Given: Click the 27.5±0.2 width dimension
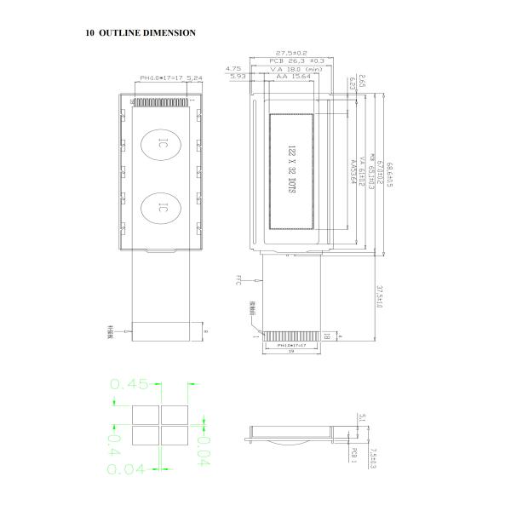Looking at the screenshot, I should [x=292, y=53].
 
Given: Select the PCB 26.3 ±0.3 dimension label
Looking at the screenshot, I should [x=296, y=61].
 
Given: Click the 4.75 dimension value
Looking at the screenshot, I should [x=233, y=69].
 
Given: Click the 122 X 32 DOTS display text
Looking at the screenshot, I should [x=290, y=170].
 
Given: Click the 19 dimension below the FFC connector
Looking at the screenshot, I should [x=290, y=351].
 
